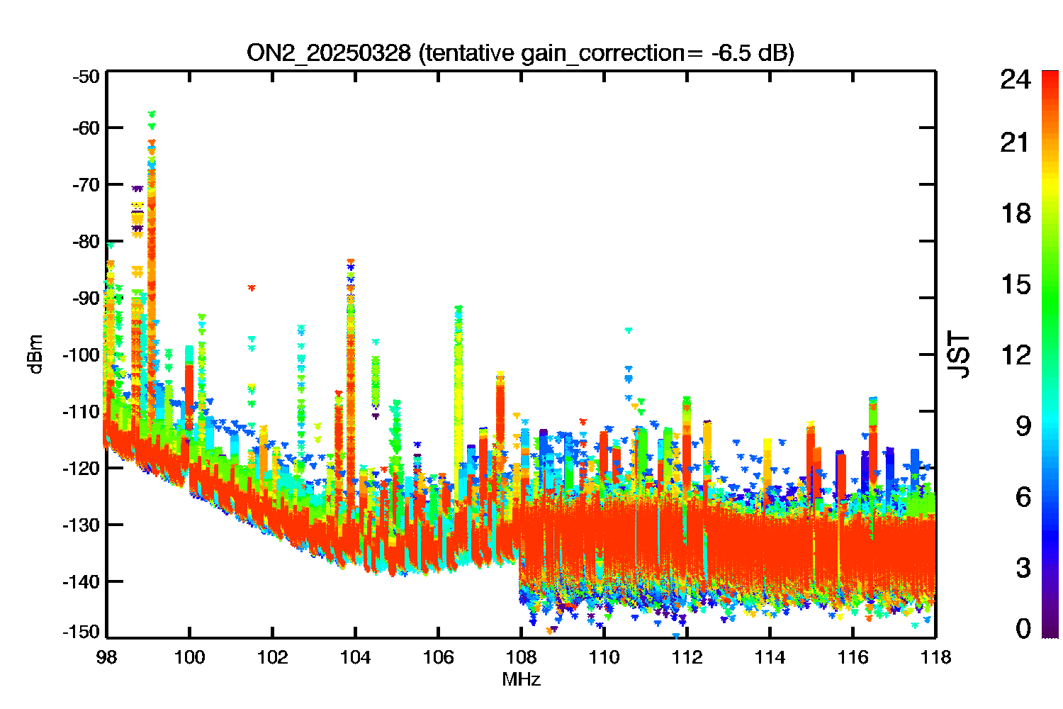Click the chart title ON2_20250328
click(x=329, y=53)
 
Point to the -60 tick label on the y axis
click(x=86, y=128)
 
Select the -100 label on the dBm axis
click(x=81, y=354)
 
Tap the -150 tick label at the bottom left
click(x=81, y=632)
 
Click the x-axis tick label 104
click(x=355, y=658)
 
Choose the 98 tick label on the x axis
click(x=107, y=658)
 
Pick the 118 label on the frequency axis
click(x=935, y=658)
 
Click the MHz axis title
click(x=521, y=679)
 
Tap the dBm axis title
click(x=36, y=354)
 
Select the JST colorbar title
click(x=958, y=354)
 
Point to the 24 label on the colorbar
click(x=1016, y=79)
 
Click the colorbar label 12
click(x=1016, y=354)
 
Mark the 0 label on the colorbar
click(x=1023, y=628)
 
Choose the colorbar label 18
click(x=1016, y=213)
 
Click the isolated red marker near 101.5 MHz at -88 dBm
click(x=252, y=288)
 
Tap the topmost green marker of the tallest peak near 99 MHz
click(x=152, y=114)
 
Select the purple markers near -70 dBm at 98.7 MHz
click(x=137, y=189)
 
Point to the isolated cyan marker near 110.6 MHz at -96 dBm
click(x=629, y=330)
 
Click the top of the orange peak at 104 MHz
click(x=351, y=261)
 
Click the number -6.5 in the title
click(x=731, y=53)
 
